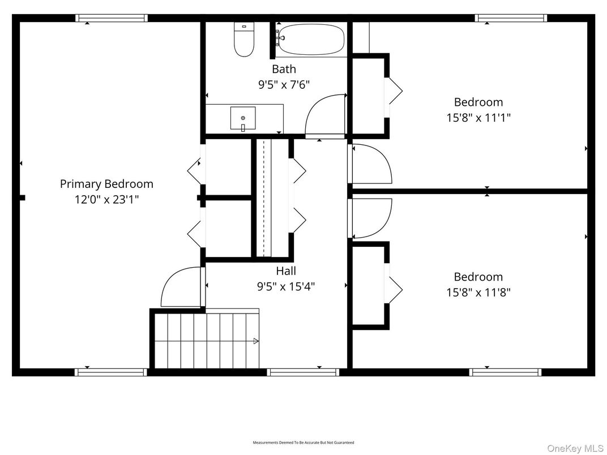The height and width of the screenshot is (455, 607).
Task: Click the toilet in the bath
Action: [x=244, y=40]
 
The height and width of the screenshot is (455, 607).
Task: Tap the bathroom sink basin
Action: [x=243, y=118]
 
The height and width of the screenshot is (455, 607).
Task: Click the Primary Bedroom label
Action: [x=106, y=184]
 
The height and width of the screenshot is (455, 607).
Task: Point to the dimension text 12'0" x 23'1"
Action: [x=106, y=199]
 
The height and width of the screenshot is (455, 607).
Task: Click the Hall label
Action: [x=286, y=271]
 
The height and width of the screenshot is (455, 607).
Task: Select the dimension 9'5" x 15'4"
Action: [x=286, y=286]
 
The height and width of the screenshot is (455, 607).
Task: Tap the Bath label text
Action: [x=284, y=69]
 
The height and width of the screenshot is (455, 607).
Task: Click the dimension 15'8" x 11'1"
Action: [x=478, y=118]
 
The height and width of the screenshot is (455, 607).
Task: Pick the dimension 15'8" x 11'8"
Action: [x=478, y=292]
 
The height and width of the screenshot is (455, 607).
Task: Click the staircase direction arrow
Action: [x=255, y=341]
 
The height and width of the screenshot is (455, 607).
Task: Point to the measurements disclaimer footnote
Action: [x=303, y=442]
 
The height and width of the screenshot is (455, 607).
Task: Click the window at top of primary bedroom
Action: [x=112, y=18]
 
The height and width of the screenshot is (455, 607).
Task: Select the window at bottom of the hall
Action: [x=303, y=372]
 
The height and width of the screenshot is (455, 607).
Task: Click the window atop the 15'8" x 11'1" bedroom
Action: [x=511, y=18]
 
